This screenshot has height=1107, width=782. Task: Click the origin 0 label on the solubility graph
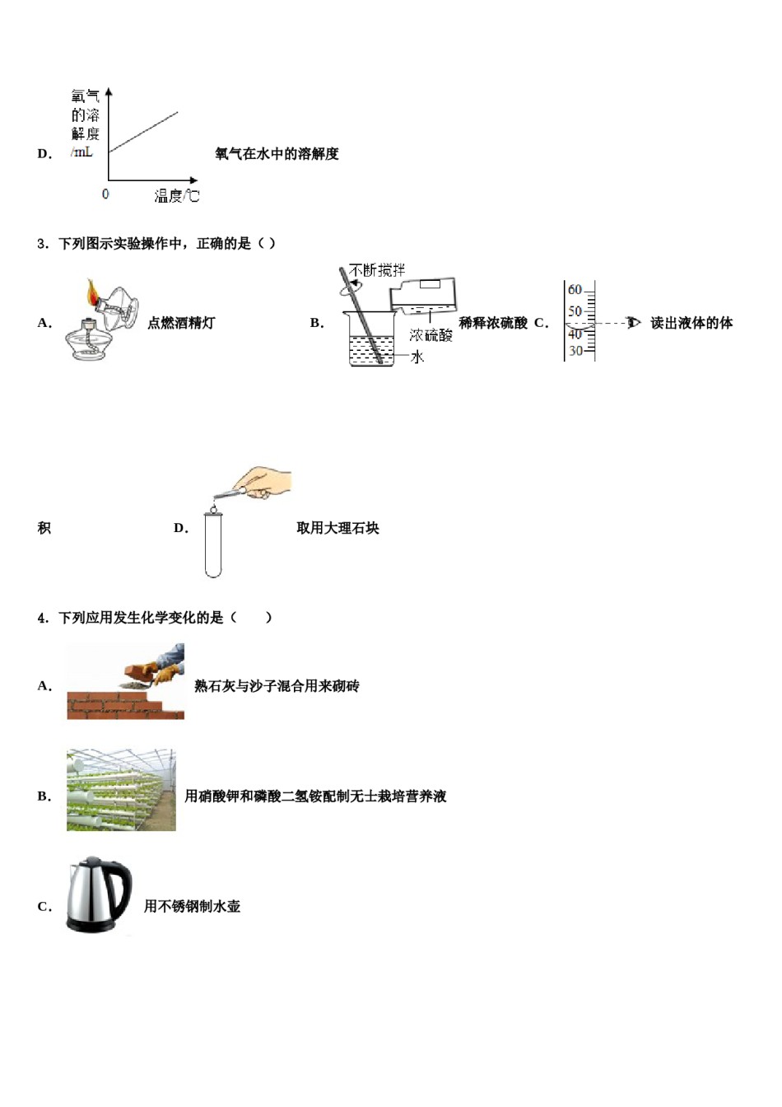tap(105, 194)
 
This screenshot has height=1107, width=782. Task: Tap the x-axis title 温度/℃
tap(176, 196)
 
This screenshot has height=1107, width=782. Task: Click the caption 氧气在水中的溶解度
tap(277, 154)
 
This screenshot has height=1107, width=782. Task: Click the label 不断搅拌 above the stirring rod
tap(377, 270)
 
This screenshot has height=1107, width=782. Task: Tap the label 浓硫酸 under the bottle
tap(431, 335)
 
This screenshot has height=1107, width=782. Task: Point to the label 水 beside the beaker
tap(417, 357)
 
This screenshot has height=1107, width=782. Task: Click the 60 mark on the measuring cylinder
tap(575, 290)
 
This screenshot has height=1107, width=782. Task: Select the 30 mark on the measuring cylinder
tap(575, 351)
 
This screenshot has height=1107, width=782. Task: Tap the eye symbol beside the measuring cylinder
tap(633, 323)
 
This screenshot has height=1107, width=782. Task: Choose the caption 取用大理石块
tap(337, 528)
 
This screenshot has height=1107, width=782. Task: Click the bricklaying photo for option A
tap(125, 682)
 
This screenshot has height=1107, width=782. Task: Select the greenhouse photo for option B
tap(121, 790)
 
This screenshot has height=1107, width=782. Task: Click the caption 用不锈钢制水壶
tap(192, 906)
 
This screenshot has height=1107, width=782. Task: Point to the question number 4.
tap(42, 618)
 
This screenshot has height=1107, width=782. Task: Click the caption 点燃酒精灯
tap(181, 323)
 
